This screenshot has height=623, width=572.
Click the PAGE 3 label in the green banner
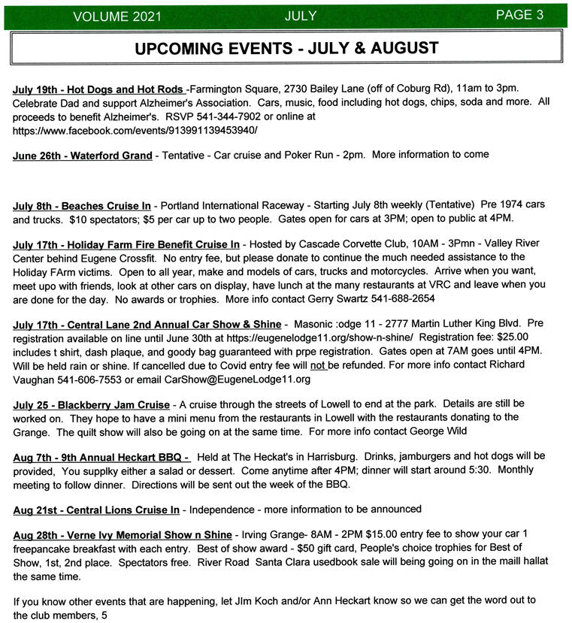click(519, 15)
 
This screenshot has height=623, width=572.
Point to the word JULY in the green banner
click(301, 16)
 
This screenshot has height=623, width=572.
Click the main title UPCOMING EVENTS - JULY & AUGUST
click(286, 49)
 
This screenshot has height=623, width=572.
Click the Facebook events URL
click(135, 130)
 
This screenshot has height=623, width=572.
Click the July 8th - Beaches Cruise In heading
click(82, 205)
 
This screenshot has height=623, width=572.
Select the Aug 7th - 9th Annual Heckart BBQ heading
click(101, 457)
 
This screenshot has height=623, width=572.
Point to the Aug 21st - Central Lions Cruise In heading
click(96, 510)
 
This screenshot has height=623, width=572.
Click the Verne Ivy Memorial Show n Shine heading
click(123, 535)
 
